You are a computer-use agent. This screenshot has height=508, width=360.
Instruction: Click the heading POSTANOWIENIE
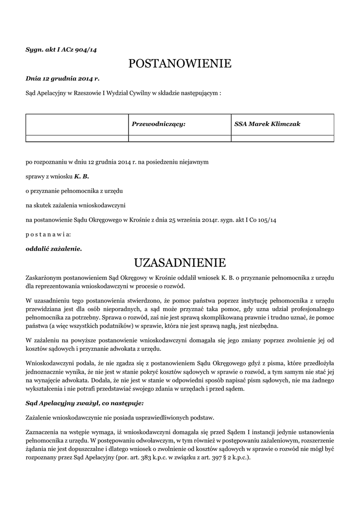tap(180, 63)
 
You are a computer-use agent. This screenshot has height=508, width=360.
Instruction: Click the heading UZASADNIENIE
tap(180, 261)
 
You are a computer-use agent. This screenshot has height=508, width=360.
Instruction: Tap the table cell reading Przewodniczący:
tap(158, 124)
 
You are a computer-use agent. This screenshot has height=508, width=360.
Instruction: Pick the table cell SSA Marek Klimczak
tap(267, 124)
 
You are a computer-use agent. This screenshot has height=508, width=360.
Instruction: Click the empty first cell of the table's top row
tap(77, 124)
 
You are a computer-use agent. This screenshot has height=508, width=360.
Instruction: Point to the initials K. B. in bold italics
tap(81, 176)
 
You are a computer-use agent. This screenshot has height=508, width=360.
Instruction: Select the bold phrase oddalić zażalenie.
tap(54, 248)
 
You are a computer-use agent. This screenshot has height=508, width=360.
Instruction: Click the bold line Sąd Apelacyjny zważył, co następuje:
tap(84, 403)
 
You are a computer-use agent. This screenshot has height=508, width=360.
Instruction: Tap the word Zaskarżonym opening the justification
tap(46, 276)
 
